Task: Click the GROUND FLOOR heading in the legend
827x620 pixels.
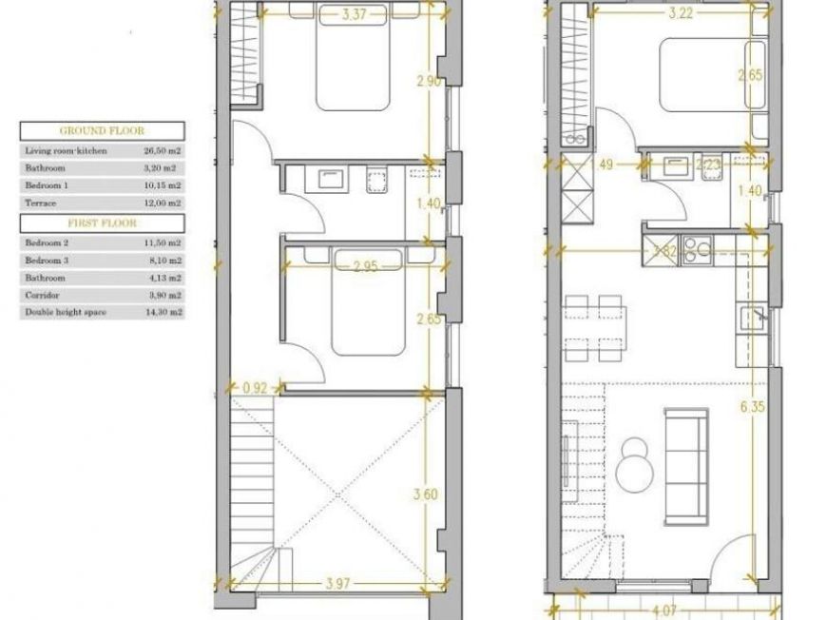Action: click(102, 131)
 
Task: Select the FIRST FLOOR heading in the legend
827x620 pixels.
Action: click(102, 223)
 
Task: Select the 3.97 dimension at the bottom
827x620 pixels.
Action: click(332, 581)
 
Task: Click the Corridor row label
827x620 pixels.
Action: click(41, 294)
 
